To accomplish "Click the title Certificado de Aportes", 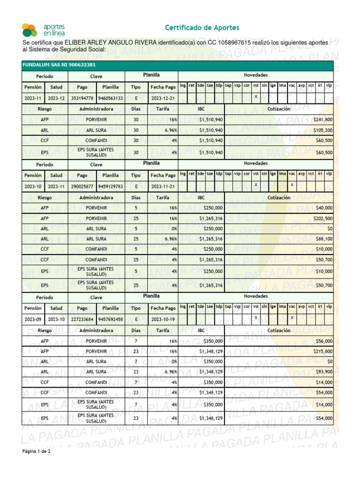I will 202,28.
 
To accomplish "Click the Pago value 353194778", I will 82,98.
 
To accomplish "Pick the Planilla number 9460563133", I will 111,98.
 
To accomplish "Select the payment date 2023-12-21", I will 163,98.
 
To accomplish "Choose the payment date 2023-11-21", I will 163,187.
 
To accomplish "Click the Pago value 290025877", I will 82,187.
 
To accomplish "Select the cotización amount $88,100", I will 324,239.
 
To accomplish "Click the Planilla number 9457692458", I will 111,320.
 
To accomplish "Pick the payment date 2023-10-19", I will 163,320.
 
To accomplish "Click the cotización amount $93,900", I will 324,372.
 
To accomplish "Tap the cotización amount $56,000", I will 324,342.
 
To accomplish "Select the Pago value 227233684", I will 82,320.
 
